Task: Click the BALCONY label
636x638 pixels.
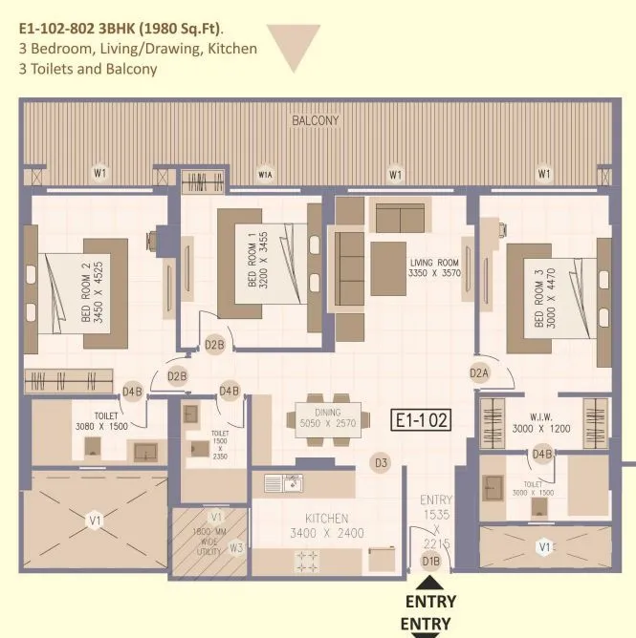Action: tap(315, 121)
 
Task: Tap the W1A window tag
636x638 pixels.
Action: tap(267, 174)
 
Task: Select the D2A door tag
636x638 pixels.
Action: tap(480, 372)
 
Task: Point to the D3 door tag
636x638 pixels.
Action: tap(381, 463)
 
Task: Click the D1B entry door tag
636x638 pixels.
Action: tap(431, 562)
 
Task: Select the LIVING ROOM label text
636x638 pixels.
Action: tap(434, 263)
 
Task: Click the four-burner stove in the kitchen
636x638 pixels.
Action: tap(309, 561)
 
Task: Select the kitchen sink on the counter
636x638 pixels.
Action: tap(283, 484)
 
